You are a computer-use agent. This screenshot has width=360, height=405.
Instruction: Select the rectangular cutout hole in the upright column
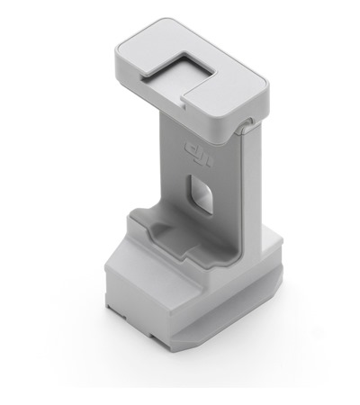pyautogui.click(x=203, y=191)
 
